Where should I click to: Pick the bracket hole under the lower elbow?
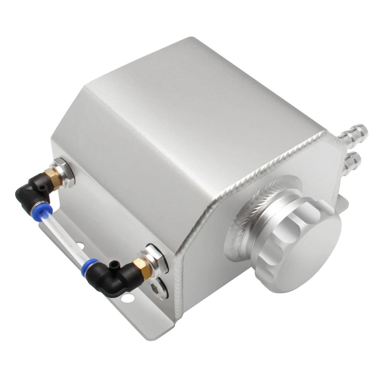coord(130,298)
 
